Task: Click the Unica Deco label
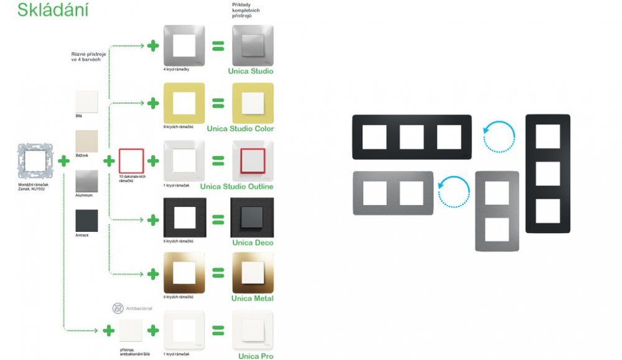point(251,242)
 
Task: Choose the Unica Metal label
point(252,298)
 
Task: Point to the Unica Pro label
point(256,356)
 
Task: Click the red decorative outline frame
point(131,160)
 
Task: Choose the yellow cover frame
point(183,103)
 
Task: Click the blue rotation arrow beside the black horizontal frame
point(499,137)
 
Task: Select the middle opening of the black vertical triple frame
point(547,173)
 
